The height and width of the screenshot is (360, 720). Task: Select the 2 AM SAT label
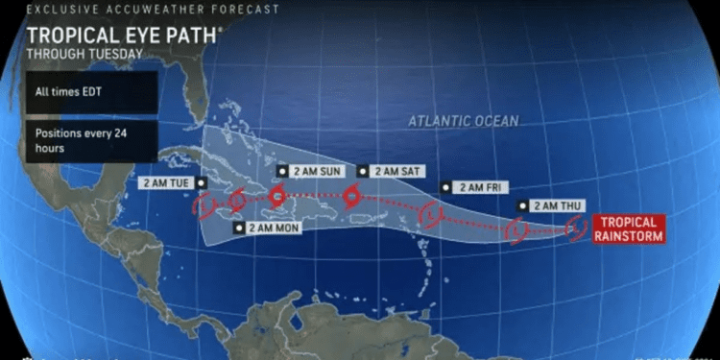click(391, 171)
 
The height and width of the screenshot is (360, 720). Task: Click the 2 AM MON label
click(268, 228)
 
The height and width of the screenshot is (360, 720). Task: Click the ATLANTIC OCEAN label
click(463, 122)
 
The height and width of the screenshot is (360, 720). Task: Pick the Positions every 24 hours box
click(90, 140)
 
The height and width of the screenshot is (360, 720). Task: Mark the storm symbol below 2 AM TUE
click(203, 205)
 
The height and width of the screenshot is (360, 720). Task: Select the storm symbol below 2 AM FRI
click(432, 214)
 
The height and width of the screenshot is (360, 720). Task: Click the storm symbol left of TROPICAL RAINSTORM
click(576, 227)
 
